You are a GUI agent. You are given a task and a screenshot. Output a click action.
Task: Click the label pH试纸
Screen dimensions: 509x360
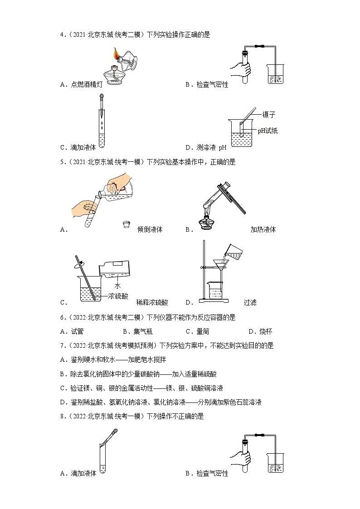(x=268, y=131)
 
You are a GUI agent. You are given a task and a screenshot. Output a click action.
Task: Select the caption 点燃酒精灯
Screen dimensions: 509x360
(x=84, y=84)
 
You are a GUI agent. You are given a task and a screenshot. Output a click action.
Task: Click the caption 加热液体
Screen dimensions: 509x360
(x=263, y=229)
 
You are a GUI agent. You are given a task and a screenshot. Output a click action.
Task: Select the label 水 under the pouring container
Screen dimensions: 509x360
(x=117, y=286)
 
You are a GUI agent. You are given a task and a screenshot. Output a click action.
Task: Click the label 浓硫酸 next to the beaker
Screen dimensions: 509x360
(x=118, y=296)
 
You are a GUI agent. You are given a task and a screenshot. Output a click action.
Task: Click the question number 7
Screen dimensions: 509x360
(x=62, y=345)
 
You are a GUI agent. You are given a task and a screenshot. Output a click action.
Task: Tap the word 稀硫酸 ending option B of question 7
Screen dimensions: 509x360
(x=208, y=374)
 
